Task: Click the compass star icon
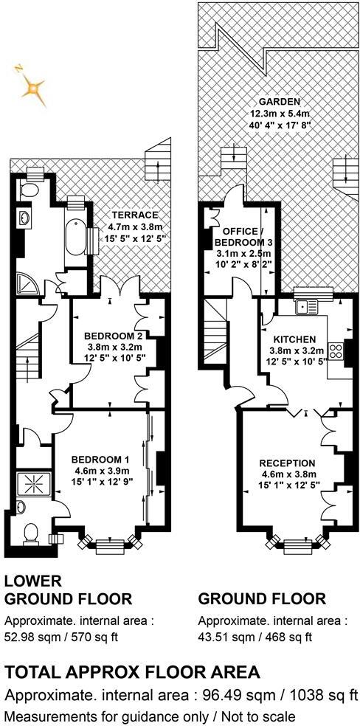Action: (31, 88)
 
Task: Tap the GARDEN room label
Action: (278, 101)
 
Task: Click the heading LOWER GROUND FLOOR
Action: (68, 590)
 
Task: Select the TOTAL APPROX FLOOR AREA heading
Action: (132, 671)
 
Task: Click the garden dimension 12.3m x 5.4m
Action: (278, 114)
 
